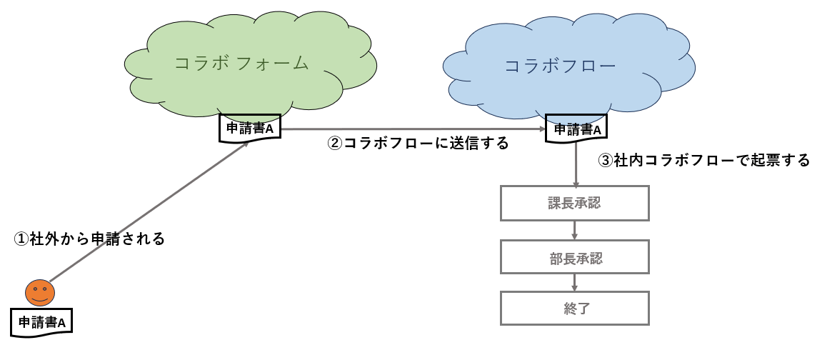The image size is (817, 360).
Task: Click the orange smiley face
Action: click(40, 293)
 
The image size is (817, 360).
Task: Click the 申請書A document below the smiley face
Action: click(41, 322)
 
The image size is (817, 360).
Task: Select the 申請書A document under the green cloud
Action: click(249, 128)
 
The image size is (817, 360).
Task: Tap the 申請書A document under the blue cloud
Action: click(576, 128)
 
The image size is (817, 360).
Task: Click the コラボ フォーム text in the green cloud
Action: click(242, 63)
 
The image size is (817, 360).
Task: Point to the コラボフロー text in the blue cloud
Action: click(560, 66)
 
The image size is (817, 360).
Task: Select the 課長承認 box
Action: click(575, 203)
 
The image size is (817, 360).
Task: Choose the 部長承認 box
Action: click(575, 257)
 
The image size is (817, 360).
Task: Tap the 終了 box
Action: click(575, 309)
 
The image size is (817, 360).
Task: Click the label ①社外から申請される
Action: click(89, 239)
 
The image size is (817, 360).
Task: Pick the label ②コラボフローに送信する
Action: click(418, 143)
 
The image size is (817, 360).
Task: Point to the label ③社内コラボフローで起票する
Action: click(704, 160)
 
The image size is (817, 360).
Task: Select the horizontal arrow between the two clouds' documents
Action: click(413, 129)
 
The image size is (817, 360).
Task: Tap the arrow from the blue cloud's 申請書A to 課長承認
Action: click(576, 164)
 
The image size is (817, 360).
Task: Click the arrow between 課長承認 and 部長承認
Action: click(574, 230)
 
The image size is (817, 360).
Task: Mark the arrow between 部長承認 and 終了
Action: click(574, 282)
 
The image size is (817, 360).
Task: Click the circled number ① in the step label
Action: click(21, 239)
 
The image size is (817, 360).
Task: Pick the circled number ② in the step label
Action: click(335, 143)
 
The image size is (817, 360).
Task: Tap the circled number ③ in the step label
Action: click(606, 160)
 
